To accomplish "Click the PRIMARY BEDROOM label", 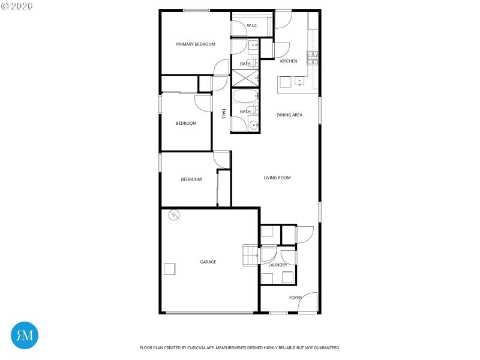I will [x=196, y=44].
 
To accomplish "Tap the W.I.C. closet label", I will [x=252, y=25].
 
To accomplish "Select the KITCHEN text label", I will [x=289, y=61].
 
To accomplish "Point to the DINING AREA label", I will [x=289, y=115].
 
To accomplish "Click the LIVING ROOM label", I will [x=277, y=178].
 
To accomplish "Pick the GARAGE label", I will [x=208, y=262].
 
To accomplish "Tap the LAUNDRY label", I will [x=278, y=265].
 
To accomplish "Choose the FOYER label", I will [x=296, y=298].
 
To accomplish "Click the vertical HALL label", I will [x=224, y=113].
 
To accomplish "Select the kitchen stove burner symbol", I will [x=312, y=58].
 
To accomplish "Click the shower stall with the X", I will [x=244, y=78].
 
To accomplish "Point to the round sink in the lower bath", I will [x=254, y=125].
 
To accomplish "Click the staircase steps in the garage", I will [x=250, y=255].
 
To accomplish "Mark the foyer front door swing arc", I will [x=308, y=301].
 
